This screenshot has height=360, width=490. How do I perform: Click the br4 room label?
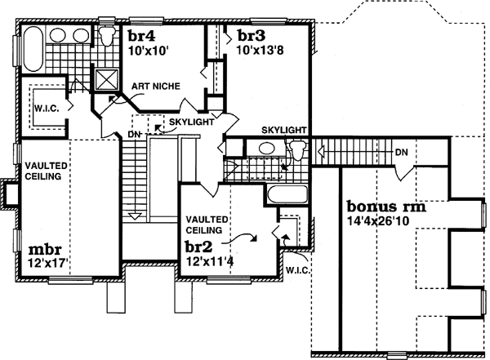(x=141, y=36)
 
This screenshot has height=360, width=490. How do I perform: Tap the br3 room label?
(x=251, y=36)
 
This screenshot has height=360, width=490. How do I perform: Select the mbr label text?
(x=44, y=250)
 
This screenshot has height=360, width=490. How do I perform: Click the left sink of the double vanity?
(x=59, y=35)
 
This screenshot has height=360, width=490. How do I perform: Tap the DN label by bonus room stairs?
(x=400, y=152)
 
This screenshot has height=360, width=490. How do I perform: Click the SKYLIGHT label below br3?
(x=283, y=130)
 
